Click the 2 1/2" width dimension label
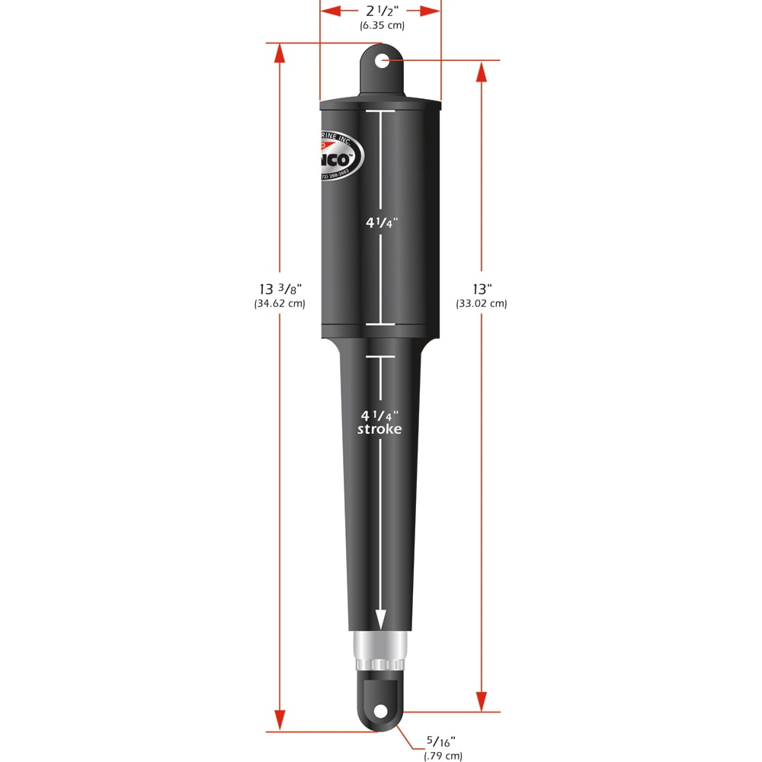coord(381,11)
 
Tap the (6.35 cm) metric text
coord(382,25)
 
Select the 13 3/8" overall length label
coord(280,289)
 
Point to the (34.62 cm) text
coord(280,303)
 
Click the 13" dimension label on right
coord(482,289)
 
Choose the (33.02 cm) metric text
coord(482,303)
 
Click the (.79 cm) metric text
coord(443,756)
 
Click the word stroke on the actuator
coord(379,429)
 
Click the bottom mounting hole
coord(379,712)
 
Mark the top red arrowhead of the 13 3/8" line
coord(280,53)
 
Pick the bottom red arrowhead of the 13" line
coord(482,702)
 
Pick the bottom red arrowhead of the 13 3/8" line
coord(280,719)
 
